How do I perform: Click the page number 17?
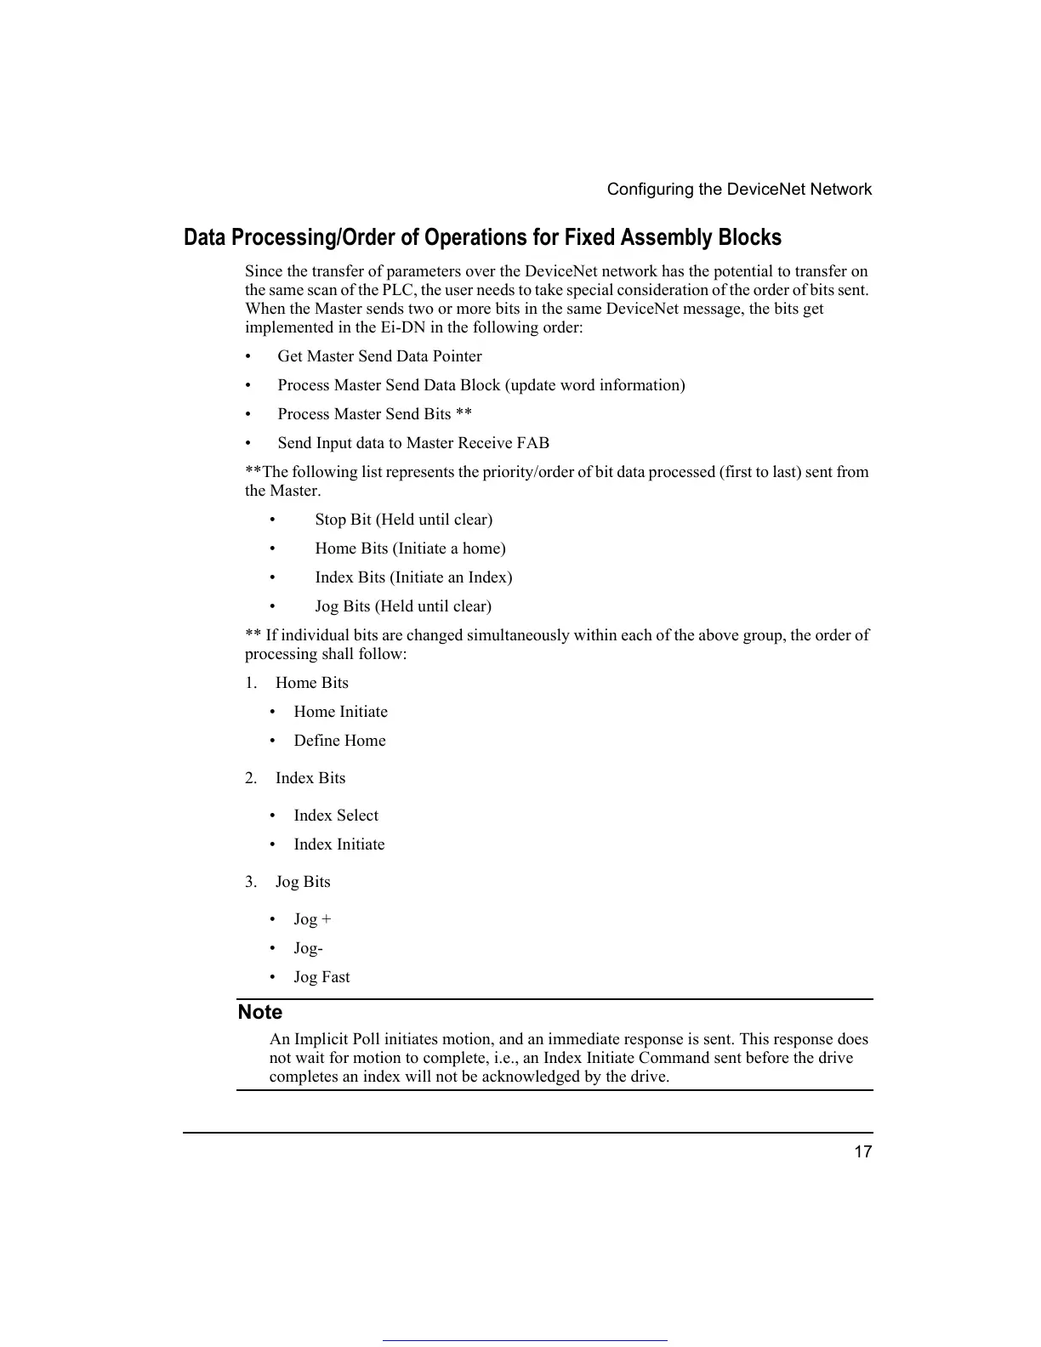click(862, 1151)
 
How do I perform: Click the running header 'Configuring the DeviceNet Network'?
click(739, 190)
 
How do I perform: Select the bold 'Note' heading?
click(260, 1012)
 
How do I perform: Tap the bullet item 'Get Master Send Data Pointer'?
click(379, 356)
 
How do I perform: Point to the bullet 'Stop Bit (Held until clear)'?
click(403, 520)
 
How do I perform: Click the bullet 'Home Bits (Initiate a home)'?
click(410, 548)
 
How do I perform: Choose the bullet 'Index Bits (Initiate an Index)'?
click(413, 577)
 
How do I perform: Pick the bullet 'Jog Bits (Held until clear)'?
click(403, 606)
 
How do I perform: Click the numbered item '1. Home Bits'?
click(311, 683)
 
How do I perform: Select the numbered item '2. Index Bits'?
click(310, 778)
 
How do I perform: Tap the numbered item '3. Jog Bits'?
click(303, 882)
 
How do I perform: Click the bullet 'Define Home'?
click(339, 741)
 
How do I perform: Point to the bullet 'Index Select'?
click(336, 816)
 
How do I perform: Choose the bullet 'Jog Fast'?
click(321, 977)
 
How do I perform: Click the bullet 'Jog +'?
click(312, 919)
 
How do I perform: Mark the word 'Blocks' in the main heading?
click(749, 237)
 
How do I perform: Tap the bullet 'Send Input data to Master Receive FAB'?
click(413, 443)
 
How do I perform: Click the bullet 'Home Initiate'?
click(340, 712)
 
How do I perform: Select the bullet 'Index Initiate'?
click(339, 844)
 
